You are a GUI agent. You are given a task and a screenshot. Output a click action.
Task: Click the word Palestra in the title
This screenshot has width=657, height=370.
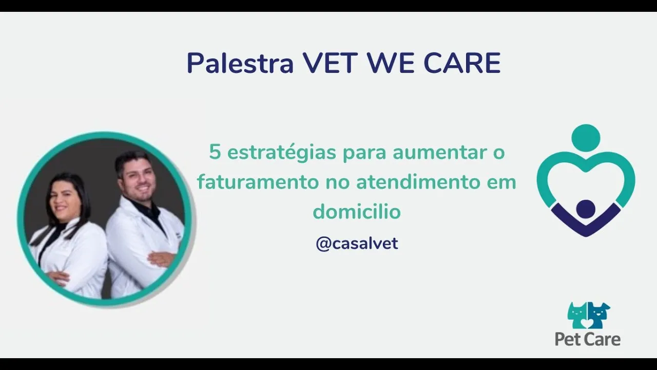(240, 63)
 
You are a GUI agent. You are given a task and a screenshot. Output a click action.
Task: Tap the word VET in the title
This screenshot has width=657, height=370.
(330, 63)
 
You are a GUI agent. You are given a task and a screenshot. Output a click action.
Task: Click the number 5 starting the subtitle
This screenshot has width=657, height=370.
(215, 152)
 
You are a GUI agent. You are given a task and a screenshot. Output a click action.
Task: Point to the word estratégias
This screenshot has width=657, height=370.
(282, 153)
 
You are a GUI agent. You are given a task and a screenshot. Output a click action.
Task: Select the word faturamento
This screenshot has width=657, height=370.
(258, 182)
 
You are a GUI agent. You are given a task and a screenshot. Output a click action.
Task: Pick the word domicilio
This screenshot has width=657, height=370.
(357, 211)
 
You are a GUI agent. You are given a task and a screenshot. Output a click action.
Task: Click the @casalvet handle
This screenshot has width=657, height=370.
(357, 244)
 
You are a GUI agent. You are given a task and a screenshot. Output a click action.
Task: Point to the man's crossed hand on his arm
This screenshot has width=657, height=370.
(160, 260)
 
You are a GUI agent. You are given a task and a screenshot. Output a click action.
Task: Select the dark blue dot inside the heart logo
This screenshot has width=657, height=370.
(586, 209)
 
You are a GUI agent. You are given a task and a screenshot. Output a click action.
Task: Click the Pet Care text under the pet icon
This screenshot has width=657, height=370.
(588, 340)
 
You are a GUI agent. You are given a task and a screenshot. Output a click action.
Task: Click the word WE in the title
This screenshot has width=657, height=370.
(391, 63)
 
